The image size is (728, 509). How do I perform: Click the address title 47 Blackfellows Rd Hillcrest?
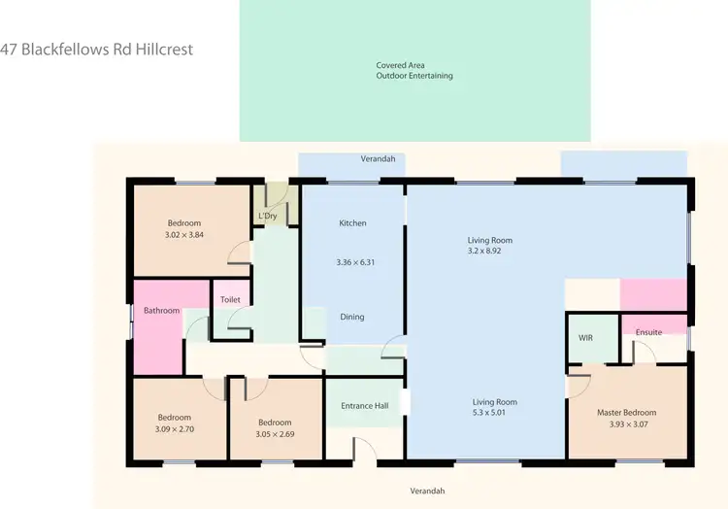click(x=104, y=49)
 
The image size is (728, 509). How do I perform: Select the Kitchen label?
click(x=352, y=223)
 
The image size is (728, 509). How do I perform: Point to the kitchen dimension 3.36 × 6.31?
click(x=354, y=262)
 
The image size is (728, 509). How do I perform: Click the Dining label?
click(x=352, y=317)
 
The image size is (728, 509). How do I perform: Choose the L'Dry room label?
click(x=269, y=216)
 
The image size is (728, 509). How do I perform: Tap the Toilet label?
click(x=230, y=300)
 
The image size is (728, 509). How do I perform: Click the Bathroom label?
click(x=162, y=311)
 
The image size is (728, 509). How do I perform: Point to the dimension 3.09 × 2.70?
click(x=175, y=428)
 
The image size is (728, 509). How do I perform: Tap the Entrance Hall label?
click(x=364, y=405)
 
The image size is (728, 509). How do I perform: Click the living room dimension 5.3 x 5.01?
click(x=494, y=412)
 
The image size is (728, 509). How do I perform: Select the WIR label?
click(x=585, y=338)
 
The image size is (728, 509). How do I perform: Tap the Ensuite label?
click(x=648, y=332)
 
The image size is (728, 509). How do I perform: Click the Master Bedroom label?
click(x=626, y=413)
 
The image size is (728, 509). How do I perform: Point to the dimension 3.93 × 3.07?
click(x=628, y=424)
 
